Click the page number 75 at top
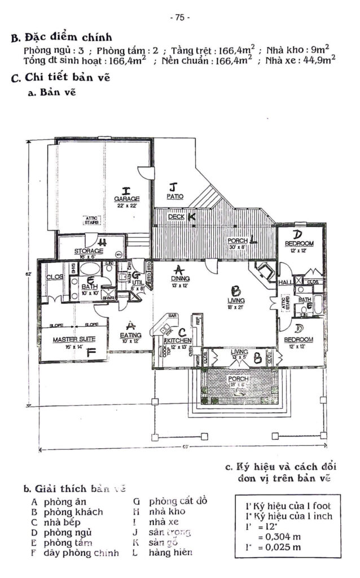(179, 17)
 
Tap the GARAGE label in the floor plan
(126, 199)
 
